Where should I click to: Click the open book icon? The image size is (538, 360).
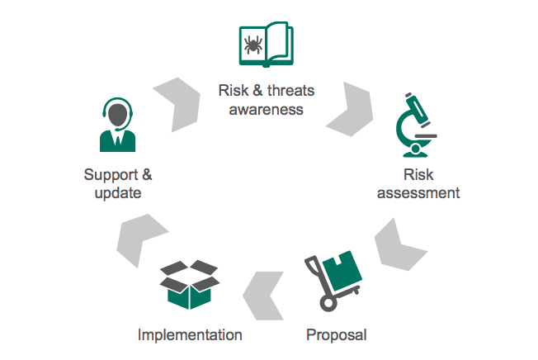(267, 45)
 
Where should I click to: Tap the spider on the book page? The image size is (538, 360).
(253, 45)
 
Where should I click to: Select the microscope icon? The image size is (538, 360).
(416, 125)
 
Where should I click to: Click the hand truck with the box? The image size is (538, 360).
(333, 281)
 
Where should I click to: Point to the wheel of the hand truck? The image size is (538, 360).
(328, 303)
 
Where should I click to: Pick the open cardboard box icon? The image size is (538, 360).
(190, 285)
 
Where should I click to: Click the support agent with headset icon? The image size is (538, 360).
(118, 125)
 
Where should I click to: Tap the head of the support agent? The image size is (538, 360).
(118, 115)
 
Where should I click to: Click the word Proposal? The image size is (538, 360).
(337, 335)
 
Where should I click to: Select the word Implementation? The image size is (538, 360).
(190, 334)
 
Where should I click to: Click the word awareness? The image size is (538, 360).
(266, 110)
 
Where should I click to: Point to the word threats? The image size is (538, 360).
(290, 91)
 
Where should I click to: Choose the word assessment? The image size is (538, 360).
(418, 193)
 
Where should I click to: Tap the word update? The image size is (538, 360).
(118, 193)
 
